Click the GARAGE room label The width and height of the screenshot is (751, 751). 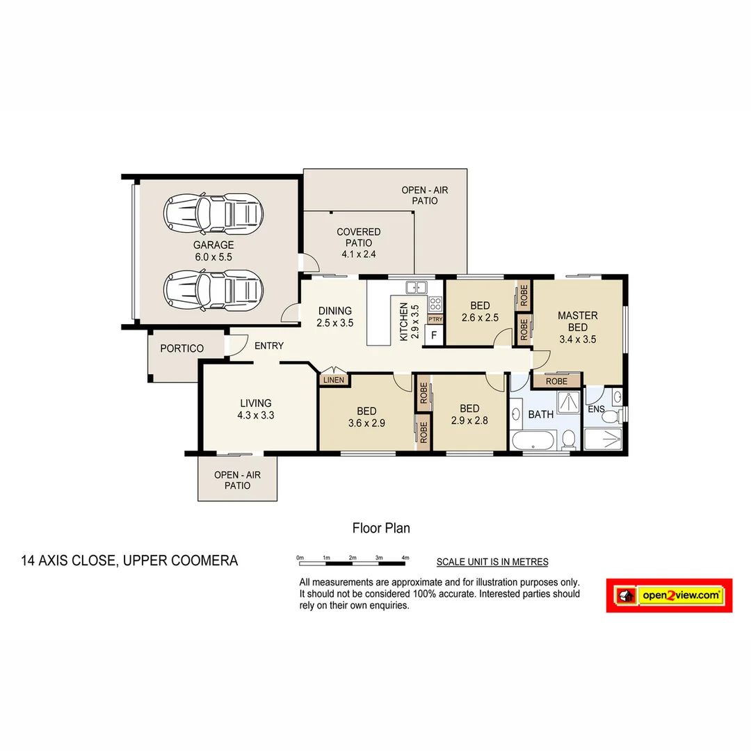[x=213, y=251]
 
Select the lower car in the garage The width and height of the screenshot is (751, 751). [x=213, y=290]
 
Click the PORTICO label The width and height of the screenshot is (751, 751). [x=182, y=348]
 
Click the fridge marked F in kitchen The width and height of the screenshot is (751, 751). [x=434, y=335]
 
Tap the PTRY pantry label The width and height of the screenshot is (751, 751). [x=435, y=319]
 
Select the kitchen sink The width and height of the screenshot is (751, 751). [x=417, y=286]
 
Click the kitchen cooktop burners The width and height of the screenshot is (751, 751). [x=435, y=303]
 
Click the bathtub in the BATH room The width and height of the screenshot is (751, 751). [x=533, y=440]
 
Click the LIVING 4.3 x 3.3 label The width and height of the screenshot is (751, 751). [x=255, y=409]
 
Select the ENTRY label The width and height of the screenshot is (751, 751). [x=268, y=346]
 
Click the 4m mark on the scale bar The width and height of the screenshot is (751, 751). [x=405, y=558]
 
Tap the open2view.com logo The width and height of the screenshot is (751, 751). [x=669, y=595]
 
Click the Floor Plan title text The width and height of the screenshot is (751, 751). [x=381, y=528]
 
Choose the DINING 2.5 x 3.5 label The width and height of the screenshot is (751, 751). [x=334, y=316]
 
